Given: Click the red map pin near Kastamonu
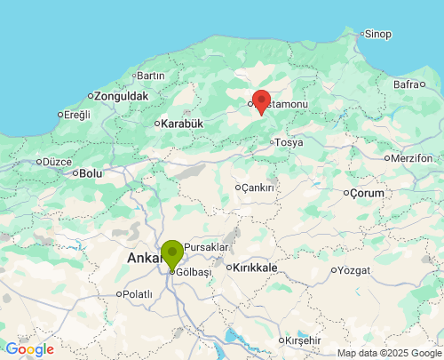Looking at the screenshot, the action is click(x=261, y=100).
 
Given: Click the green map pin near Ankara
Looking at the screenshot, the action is click(x=171, y=253).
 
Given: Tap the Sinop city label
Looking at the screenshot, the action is click(x=377, y=35).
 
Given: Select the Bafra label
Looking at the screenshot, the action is click(x=406, y=84).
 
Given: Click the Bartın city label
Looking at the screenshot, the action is click(x=150, y=76).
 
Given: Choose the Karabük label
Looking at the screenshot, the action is click(x=183, y=124).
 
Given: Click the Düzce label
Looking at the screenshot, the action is click(x=56, y=162).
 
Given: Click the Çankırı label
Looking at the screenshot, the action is click(x=258, y=188).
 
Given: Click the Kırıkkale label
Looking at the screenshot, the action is click(x=257, y=268).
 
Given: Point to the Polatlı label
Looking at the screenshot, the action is click(x=138, y=294).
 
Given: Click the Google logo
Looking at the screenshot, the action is click(x=29, y=349).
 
